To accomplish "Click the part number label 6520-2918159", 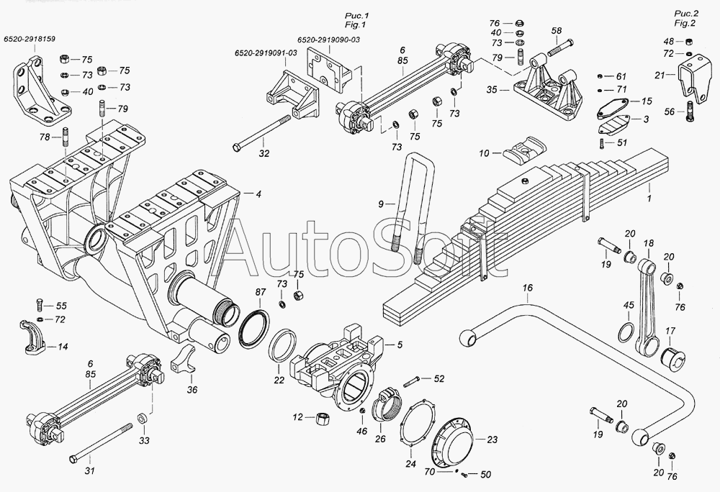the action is point(30,39).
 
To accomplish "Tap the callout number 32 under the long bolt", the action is point(264,154).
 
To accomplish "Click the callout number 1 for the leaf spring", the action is point(649,199).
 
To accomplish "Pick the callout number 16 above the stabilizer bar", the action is point(528,288).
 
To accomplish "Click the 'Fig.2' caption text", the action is point(685,23).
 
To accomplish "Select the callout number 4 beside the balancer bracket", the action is point(258,194).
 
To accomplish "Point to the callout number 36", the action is point(192,390).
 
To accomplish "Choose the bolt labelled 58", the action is point(559,47).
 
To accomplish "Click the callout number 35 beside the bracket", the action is point(492,90).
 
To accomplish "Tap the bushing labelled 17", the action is point(672,357).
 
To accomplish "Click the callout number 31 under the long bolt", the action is point(89,470).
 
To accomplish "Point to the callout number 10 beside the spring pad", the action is point(485,153).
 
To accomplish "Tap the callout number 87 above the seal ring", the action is point(261,292).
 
